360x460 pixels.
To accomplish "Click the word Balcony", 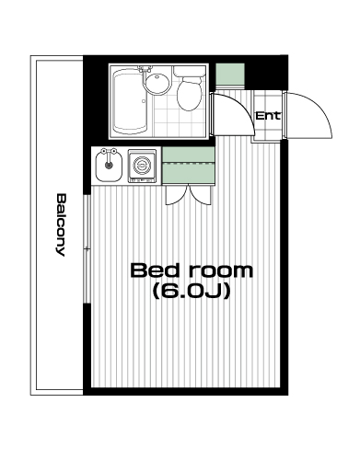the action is tap(61, 224).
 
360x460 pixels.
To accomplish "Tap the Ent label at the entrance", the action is tap(268, 116).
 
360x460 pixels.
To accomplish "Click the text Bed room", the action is tap(192, 270).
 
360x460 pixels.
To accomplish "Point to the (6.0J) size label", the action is tap(192, 291).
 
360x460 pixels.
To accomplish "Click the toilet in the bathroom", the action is tap(190, 89).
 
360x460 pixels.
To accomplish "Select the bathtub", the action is tap(129, 101).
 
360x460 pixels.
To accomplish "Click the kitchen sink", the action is tap(108, 166).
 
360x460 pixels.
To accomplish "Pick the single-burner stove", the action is tap(142, 166).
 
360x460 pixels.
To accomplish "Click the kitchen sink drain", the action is tap(109, 166).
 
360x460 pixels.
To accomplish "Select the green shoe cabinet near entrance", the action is tap(230, 74).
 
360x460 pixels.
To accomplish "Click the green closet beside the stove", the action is tap(188, 166).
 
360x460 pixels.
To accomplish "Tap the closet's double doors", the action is tap(189, 194).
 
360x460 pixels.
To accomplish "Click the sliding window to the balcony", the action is tap(87, 248).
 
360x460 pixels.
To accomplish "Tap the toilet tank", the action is tap(190, 71).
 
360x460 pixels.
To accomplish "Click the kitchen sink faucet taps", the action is tap(109, 152).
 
